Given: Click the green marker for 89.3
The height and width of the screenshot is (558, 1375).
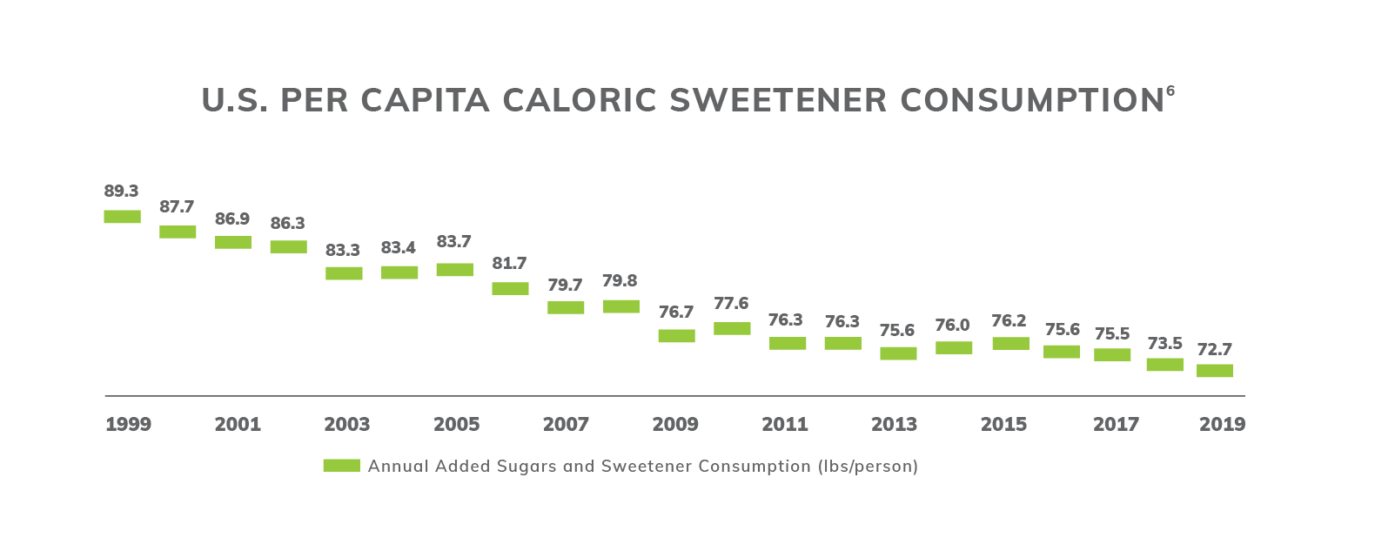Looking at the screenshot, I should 122,217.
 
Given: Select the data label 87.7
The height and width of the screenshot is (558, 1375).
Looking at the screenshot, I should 177,207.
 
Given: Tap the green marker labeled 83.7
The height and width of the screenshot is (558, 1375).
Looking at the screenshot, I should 454,270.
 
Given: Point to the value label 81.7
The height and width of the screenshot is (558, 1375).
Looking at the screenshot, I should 509,263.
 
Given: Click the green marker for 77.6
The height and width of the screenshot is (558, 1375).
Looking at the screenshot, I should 732,328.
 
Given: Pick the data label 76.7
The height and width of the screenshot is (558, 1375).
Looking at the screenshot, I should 676,312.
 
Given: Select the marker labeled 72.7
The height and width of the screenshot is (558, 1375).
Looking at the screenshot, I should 1214,371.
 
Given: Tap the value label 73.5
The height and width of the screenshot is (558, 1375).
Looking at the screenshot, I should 1164,343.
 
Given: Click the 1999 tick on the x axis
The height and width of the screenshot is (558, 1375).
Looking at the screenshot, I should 128,425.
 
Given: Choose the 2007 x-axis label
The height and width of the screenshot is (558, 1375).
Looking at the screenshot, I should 566,425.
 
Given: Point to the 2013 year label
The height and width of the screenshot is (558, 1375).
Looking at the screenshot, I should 894,425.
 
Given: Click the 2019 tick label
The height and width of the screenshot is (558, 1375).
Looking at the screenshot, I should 1222,425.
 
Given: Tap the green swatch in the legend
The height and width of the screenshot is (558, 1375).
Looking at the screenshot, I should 341,466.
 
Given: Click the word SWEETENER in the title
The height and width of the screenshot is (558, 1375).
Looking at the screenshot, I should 779,100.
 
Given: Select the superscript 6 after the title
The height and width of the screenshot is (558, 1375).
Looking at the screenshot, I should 1170,91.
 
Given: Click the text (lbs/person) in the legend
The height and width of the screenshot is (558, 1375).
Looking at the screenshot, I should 868,466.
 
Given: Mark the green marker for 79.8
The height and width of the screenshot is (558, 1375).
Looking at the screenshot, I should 620,306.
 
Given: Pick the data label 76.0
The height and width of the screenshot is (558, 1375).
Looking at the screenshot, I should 952,325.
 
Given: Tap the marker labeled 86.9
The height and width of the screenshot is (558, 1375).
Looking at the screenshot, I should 232,242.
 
